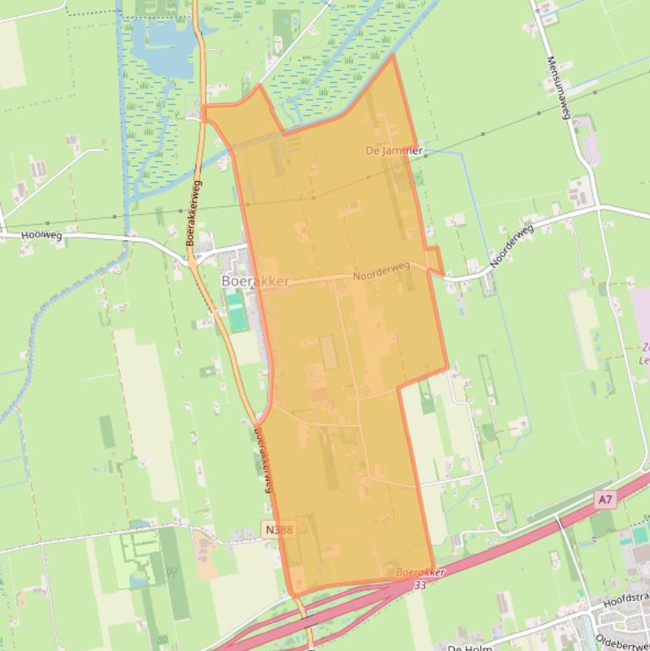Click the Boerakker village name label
pyautogui.click(x=255, y=281)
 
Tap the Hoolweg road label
pyautogui.click(x=42, y=234)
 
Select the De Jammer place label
pyautogui.click(x=393, y=150)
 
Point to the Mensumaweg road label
pyautogui.click(x=560, y=88)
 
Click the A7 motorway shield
pyautogui.click(x=604, y=500)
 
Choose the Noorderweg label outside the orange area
pyautogui.click(x=511, y=246)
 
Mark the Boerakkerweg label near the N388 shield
pyautogui.click(x=263, y=459)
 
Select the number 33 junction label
pyautogui.click(x=420, y=584)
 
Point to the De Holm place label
pyautogui.click(x=470, y=647)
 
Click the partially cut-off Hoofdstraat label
pyautogui.click(x=627, y=602)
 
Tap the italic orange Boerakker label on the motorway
pyautogui.click(x=420, y=572)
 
